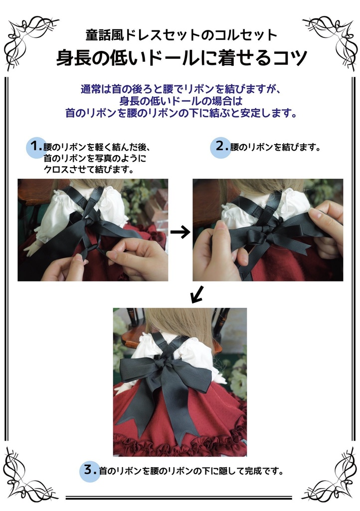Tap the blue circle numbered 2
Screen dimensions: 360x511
click(220, 147)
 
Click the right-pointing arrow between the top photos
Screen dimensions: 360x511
click(180, 232)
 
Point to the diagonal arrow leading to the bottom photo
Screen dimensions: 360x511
click(197, 294)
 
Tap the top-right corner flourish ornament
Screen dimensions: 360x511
click(328, 41)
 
